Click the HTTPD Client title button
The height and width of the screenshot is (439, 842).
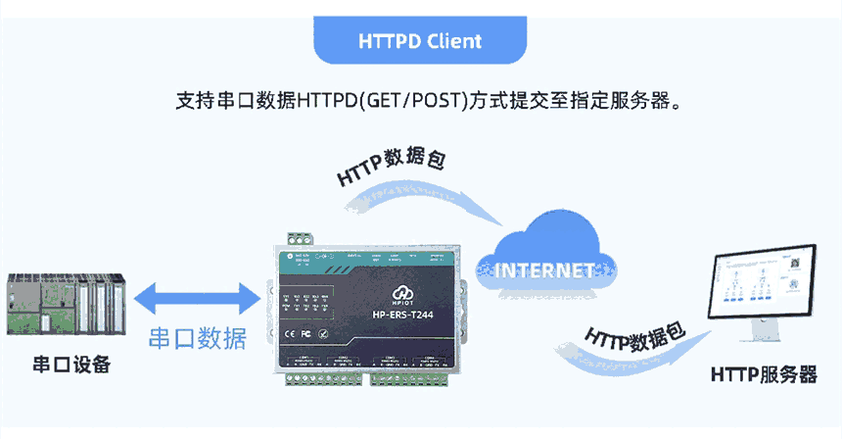click(420, 42)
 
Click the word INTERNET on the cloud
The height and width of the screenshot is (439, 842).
click(544, 269)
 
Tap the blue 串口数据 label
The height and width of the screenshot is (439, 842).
click(197, 338)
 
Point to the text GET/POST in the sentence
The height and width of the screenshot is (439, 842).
click(410, 100)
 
